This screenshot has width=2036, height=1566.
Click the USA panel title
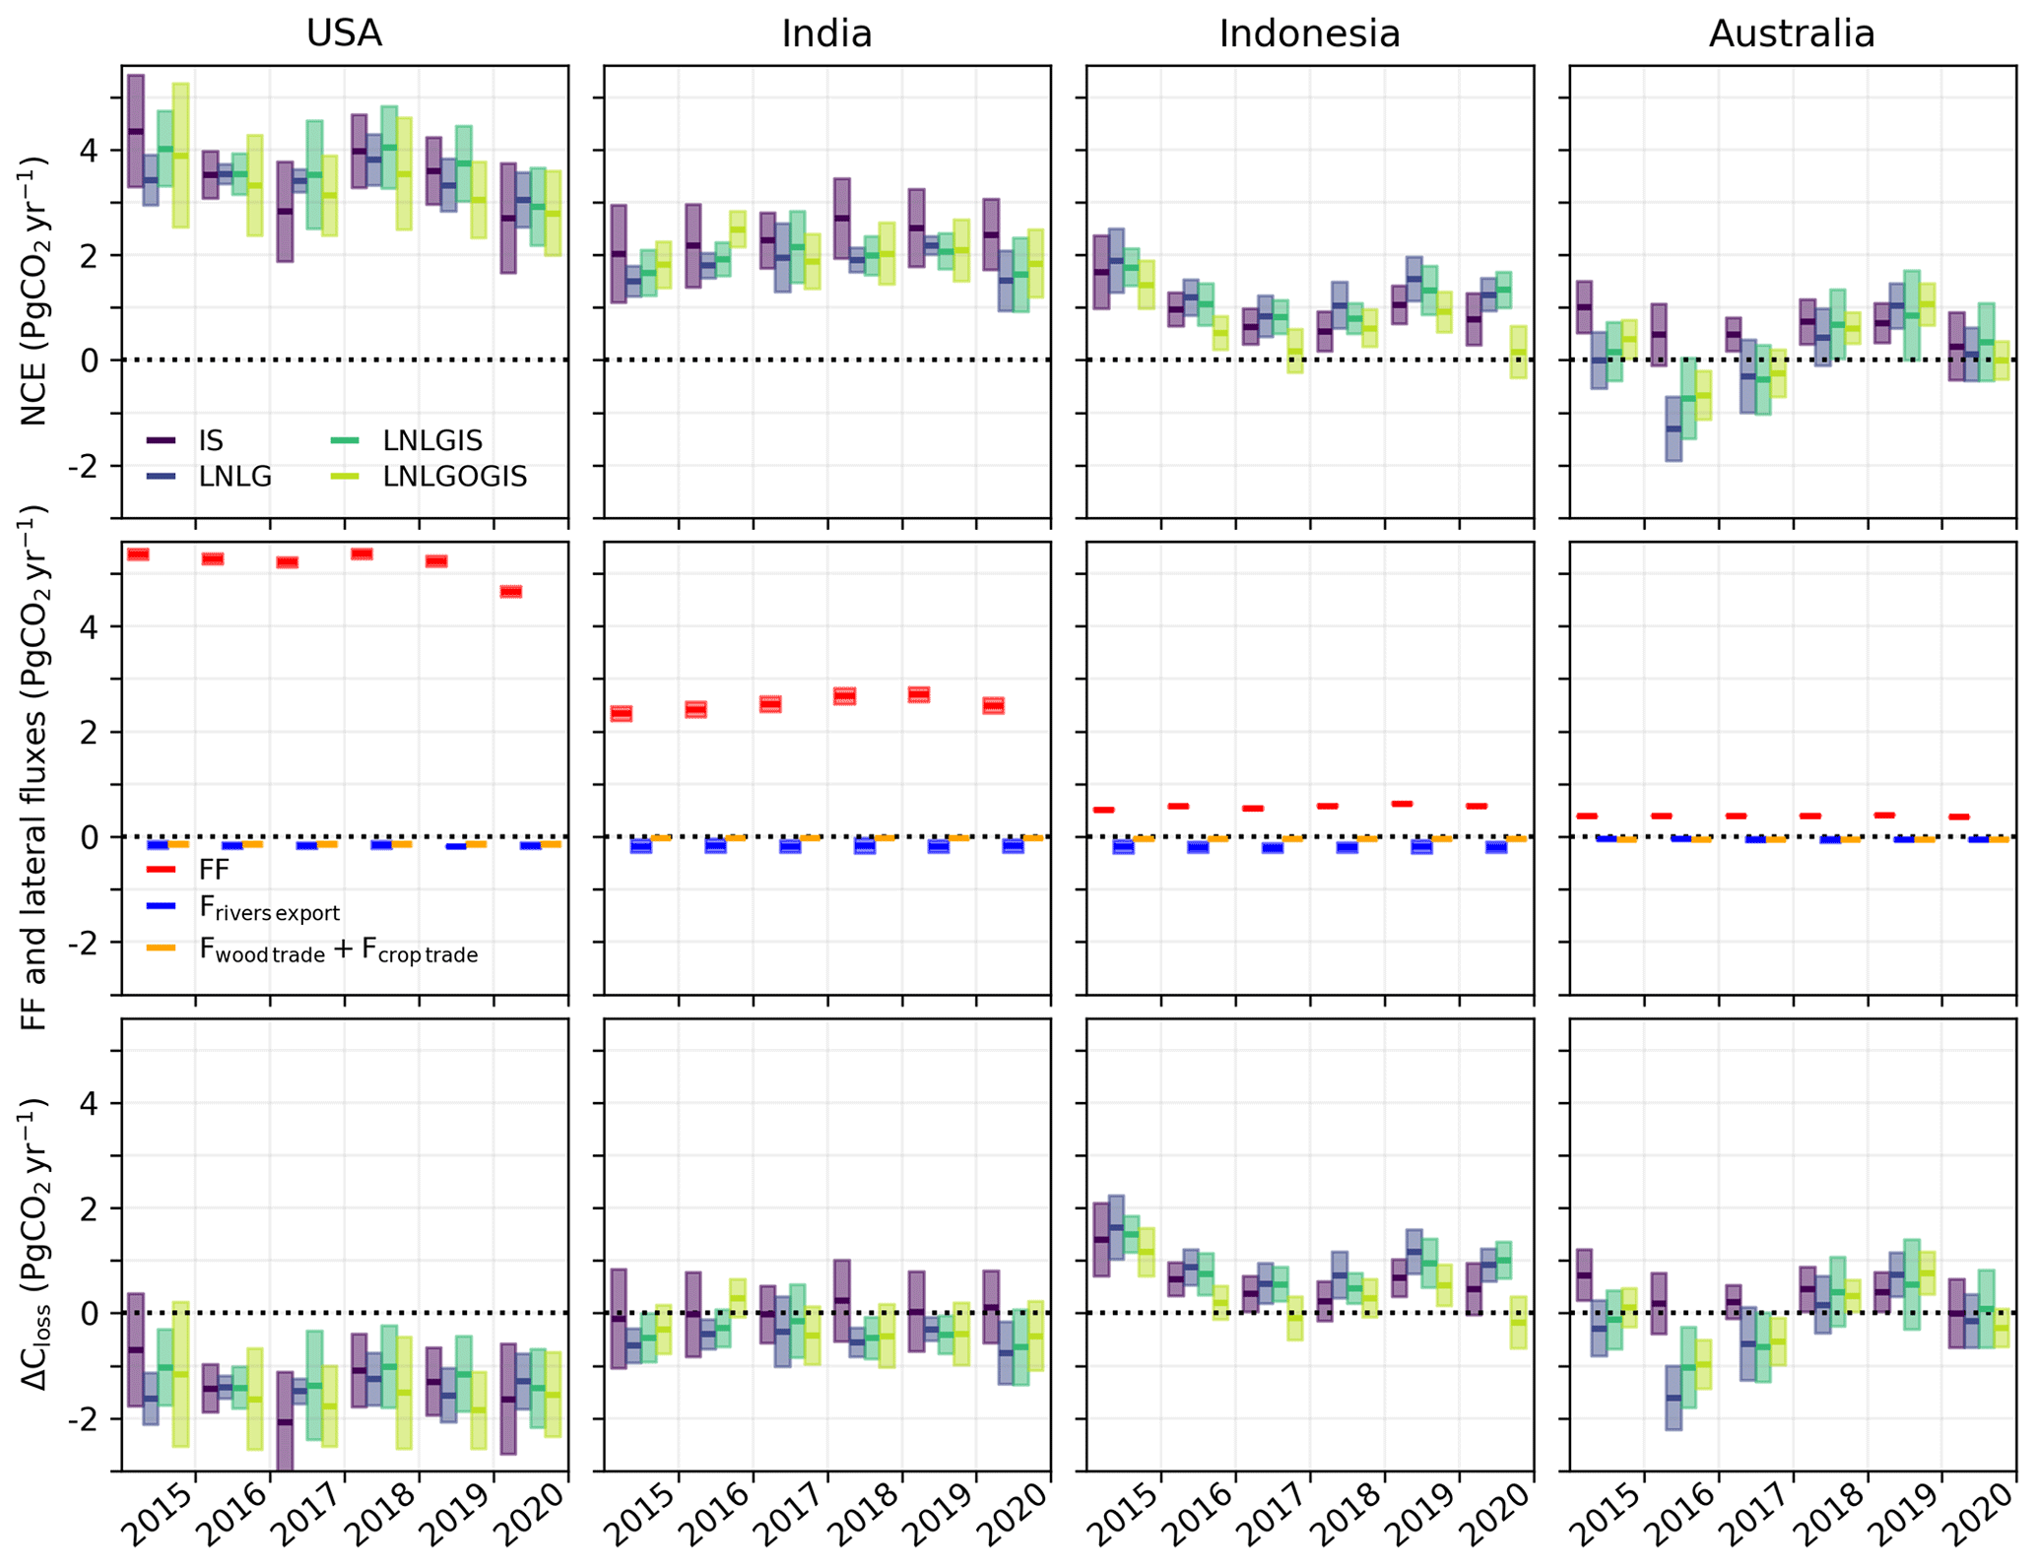tap(344, 33)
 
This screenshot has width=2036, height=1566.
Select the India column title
tap(826, 33)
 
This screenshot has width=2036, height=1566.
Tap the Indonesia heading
tap(1309, 33)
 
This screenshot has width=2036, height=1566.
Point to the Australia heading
tap(1792, 33)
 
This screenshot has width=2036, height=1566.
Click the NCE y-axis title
tap(35, 291)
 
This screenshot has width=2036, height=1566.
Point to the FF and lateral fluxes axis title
tap(35, 768)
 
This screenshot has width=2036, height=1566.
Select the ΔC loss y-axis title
tap(35, 1246)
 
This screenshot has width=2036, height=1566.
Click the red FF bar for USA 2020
tap(510, 592)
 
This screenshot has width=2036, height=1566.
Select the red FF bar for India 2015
tap(621, 713)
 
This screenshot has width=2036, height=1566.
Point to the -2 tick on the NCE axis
tap(90, 466)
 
